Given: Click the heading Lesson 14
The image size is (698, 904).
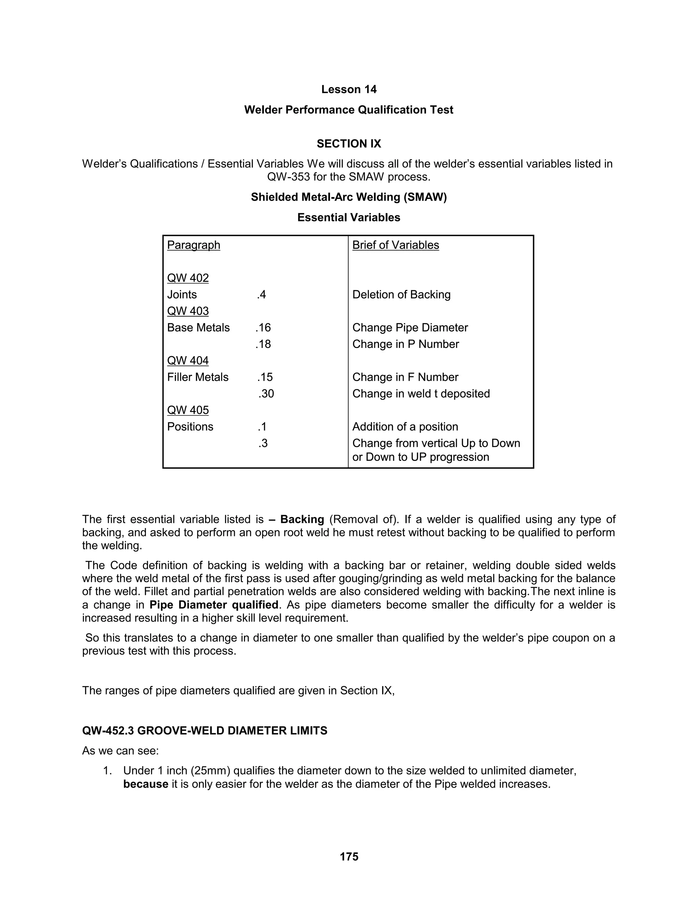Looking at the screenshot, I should pos(349,89).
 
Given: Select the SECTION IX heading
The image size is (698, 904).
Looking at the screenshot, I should pos(349,144).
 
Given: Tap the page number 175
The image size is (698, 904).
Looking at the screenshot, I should pos(349,856).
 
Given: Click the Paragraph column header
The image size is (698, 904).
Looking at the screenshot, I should pos(194,245).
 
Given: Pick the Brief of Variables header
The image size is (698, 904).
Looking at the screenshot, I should pos(395,245).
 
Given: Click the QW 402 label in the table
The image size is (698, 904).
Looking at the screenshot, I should pos(188,278).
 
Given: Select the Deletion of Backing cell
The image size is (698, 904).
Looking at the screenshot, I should pos(401,295).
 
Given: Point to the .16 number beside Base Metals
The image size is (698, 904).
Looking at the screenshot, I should pos(263,328).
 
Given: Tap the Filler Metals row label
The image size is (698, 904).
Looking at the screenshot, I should pos(198,377).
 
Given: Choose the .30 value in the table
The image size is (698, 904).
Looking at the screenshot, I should pos(266,394).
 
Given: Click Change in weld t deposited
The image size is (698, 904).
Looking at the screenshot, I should pos(421,394).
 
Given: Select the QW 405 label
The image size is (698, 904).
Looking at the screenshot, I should pos(188,410).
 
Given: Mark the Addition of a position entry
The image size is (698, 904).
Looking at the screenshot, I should pos(405,427).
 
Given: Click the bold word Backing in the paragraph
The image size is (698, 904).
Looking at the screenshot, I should pos(302,519).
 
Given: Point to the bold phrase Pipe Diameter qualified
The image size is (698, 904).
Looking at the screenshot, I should pos(213,605).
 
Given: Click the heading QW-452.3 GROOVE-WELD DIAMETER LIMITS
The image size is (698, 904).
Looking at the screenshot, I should pos(205,731).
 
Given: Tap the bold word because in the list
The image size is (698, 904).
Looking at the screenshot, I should pos(146,784).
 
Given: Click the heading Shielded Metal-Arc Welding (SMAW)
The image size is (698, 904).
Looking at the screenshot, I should pos(349,197).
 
